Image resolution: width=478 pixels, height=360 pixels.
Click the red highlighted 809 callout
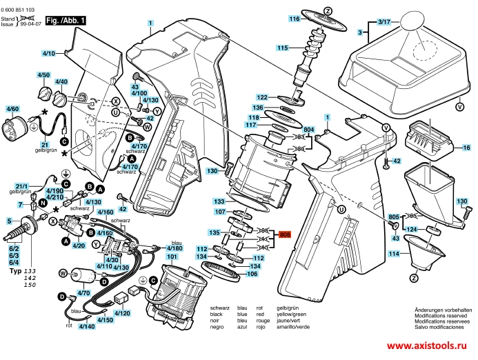[x=286, y=235]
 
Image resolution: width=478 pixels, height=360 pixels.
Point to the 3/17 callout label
[x=384, y=22]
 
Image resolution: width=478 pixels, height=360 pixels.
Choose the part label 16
[x=466, y=148]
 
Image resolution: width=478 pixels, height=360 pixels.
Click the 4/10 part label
[x=48, y=53]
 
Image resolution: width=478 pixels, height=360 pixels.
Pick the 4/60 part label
[x=13, y=109]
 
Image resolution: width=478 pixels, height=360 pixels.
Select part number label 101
[x=171, y=256]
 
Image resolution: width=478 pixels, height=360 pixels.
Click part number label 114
[x=393, y=254]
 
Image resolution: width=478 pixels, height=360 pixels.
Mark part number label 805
[x=394, y=217]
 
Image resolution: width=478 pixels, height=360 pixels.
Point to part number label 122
[x=262, y=97]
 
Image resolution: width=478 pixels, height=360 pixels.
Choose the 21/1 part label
[x=21, y=186]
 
